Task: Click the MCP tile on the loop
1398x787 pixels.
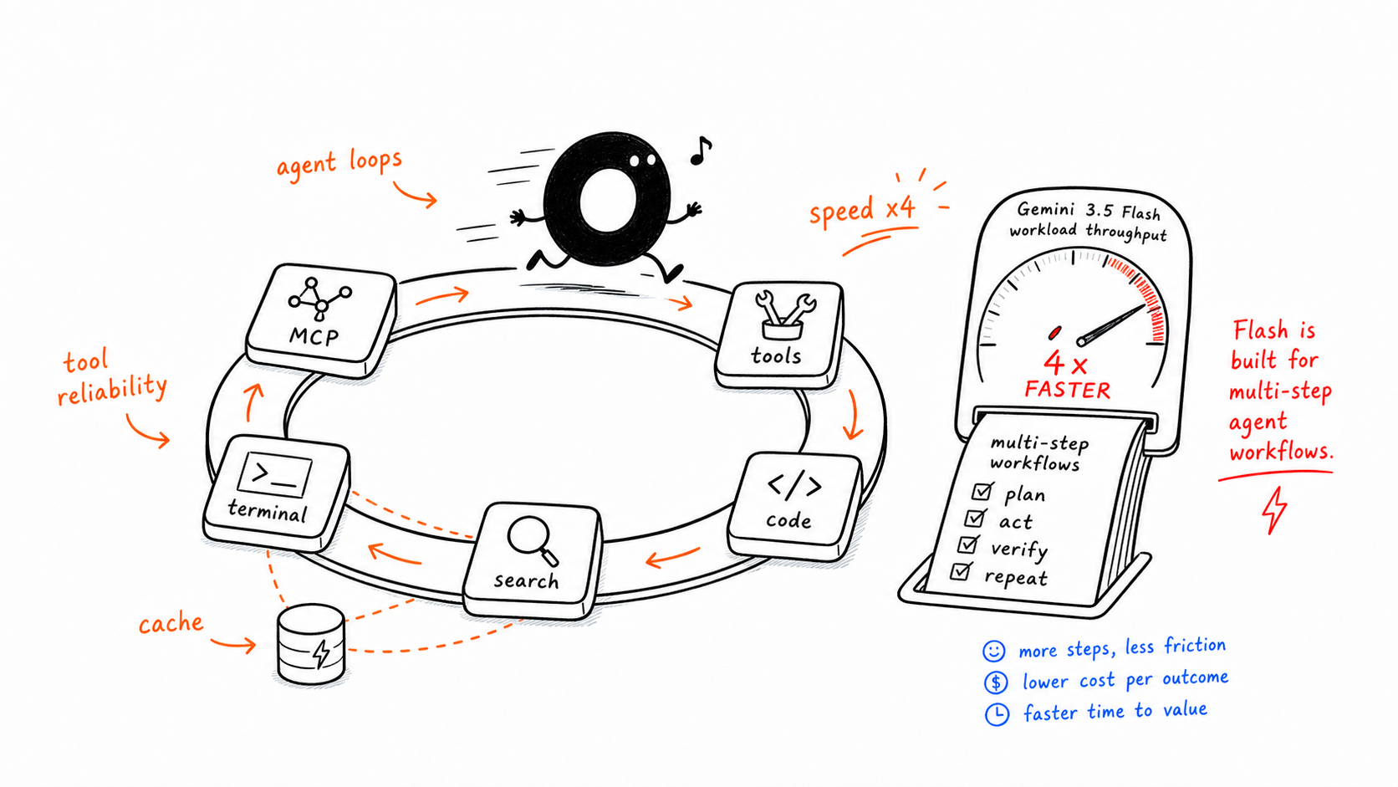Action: [321, 319]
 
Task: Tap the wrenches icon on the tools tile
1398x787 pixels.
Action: [784, 316]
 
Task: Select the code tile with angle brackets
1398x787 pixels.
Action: [794, 505]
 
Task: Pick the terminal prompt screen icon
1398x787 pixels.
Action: [274, 475]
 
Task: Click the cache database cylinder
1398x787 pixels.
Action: [311, 643]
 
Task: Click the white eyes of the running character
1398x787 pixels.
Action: [642, 160]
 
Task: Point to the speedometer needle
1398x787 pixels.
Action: [1114, 324]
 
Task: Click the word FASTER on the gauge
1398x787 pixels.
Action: [1067, 390]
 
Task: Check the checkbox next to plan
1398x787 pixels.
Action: [982, 491]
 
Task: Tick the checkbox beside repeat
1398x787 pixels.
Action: [962, 570]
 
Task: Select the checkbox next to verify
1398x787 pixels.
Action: [968, 544]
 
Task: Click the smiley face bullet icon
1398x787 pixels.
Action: [993, 651]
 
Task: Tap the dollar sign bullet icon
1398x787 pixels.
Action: [996, 682]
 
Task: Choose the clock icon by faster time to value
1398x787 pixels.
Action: [997, 714]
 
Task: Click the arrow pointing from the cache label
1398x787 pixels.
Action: [232, 644]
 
